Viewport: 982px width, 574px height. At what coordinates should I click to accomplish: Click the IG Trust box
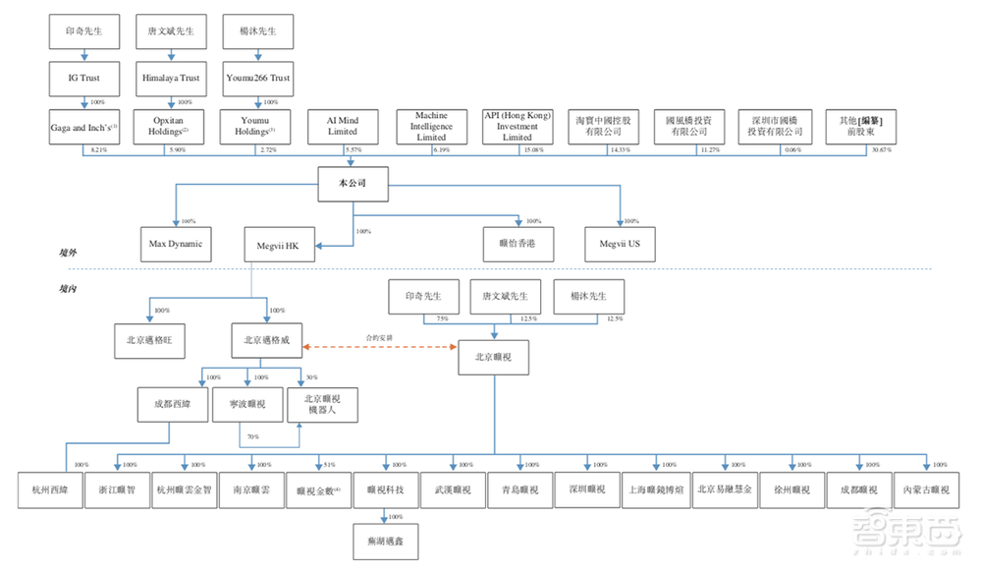point(83,79)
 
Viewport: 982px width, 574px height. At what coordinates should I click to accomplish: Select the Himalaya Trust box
point(170,79)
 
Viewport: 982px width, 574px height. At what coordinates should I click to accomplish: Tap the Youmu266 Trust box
point(257,79)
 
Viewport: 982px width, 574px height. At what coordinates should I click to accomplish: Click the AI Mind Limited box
point(343,127)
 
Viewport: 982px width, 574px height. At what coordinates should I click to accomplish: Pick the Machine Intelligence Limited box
point(430,127)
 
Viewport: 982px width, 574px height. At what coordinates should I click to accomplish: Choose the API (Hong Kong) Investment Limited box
point(518,127)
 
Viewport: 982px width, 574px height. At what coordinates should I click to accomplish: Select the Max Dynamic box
point(175,243)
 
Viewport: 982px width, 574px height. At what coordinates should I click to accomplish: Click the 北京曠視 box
point(493,356)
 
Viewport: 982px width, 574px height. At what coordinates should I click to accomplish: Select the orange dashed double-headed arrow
point(380,346)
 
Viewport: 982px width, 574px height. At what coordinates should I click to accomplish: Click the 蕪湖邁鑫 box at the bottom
point(384,540)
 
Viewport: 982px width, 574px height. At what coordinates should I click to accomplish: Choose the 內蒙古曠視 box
point(925,489)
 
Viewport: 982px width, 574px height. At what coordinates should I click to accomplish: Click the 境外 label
point(68,255)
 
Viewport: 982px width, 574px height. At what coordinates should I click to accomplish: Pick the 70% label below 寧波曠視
point(253,436)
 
